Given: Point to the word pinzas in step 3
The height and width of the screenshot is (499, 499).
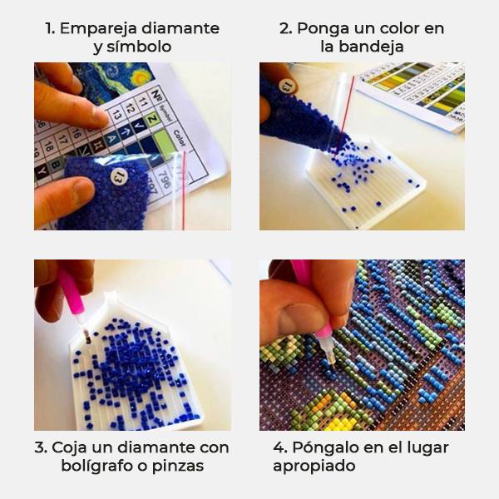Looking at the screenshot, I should pos(179,466).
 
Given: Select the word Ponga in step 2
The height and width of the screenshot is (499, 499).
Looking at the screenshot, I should pos(321,28).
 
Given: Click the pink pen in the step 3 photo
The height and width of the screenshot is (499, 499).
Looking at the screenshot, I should pos(70,295).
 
